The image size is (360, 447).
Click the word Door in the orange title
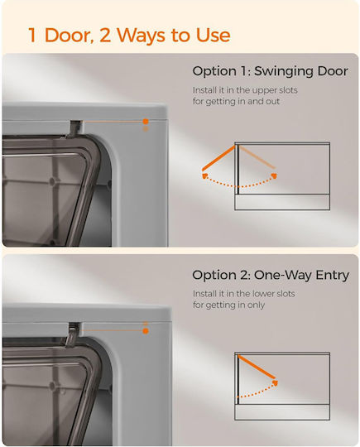click(x=70, y=35)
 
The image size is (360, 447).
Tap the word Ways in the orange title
click(x=141, y=35)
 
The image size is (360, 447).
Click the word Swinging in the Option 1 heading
click(x=284, y=71)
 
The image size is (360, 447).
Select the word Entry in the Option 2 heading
click(x=333, y=276)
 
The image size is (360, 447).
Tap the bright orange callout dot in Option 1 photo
click(x=146, y=122)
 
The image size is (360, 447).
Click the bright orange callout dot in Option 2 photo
click(x=146, y=331)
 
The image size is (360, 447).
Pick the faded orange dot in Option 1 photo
click(x=146, y=129)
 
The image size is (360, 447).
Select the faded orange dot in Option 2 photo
click(x=146, y=324)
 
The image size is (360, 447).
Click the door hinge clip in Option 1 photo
click(x=74, y=129)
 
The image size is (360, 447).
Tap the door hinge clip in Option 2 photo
click(x=73, y=334)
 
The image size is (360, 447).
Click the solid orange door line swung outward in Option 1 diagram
click(x=219, y=158)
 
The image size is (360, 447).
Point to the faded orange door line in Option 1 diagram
click(x=257, y=156)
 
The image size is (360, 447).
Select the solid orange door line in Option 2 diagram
click(x=257, y=367)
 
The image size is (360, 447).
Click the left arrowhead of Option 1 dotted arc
click(x=204, y=175)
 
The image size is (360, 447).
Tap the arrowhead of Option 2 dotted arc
click(x=275, y=382)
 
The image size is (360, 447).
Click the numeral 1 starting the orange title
click(x=32, y=36)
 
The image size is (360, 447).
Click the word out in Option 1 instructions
click(x=272, y=102)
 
